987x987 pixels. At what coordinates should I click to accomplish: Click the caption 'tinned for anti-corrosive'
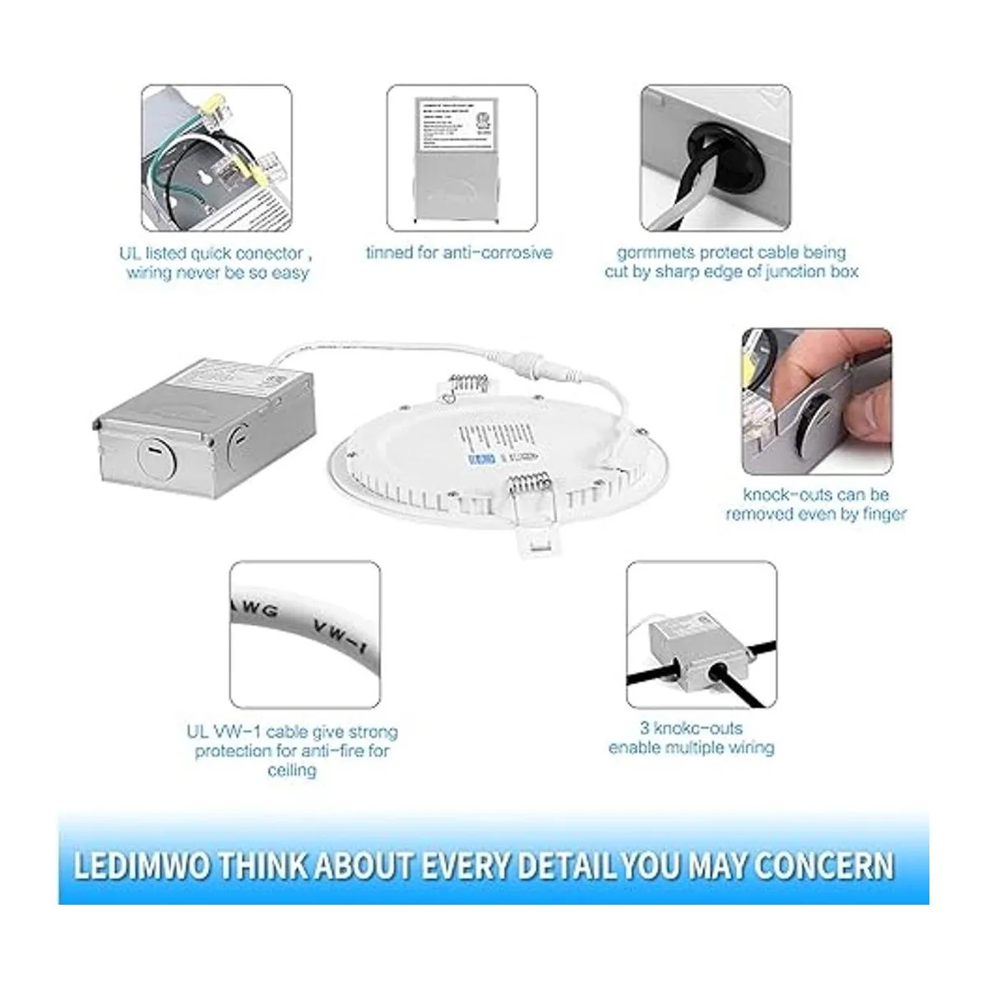(459, 253)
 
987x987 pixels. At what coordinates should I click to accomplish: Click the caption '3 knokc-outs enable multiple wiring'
(691, 738)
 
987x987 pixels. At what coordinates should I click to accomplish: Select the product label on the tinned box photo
(452, 124)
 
